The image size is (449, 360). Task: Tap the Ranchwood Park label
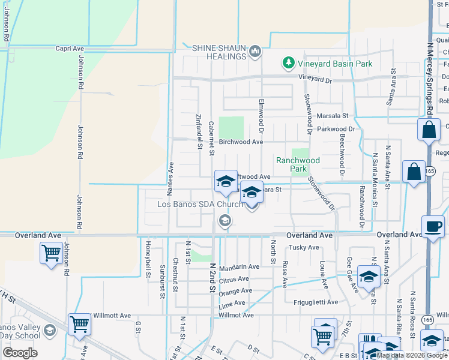pyautogui.click(x=298, y=164)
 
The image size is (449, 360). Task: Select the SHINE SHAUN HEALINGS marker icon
pyautogui.click(x=255, y=52)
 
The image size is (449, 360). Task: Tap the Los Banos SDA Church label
pyautogui.click(x=200, y=204)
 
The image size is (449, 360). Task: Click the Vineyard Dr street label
pyautogui.click(x=315, y=79)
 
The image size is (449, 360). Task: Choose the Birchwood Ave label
pyautogui.click(x=241, y=142)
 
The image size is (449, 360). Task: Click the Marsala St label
pyautogui.click(x=333, y=115)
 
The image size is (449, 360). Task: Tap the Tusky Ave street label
pyautogui.click(x=304, y=247)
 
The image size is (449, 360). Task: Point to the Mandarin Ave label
pyautogui.click(x=239, y=266)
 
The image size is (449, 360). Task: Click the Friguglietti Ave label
pyautogui.click(x=316, y=302)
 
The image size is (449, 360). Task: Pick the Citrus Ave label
pyautogui.click(x=234, y=279)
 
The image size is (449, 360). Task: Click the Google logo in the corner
pyautogui.click(x=20, y=353)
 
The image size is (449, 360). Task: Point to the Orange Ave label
pyautogui.click(x=235, y=291)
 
